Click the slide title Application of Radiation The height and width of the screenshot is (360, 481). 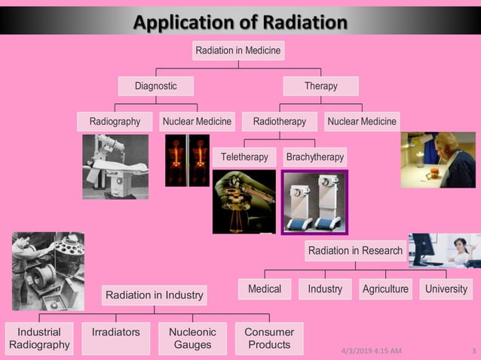pos(240,21)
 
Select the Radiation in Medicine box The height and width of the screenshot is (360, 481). pos(238,50)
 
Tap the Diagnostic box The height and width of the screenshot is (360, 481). pos(155,86)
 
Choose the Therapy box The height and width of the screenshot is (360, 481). pos(320,86)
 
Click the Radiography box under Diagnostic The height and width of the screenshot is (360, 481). pos(115,121)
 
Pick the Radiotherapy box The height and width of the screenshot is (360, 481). pos(279,121)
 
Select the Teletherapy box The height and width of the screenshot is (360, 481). pos(244,157)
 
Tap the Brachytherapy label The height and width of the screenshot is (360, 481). pos(315,157)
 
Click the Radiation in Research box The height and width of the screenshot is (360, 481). pos(355,251)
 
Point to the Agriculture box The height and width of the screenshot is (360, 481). pos(385,289)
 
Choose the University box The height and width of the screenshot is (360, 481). pos(446,289)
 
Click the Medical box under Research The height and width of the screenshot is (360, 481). pos(264,289)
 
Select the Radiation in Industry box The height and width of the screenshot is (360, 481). pos(154,295)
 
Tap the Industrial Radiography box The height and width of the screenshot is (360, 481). pos(39,338)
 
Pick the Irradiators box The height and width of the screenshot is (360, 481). pos(115,332)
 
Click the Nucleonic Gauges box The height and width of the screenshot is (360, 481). pos(192,338)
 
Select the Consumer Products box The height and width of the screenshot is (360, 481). pos(268,338)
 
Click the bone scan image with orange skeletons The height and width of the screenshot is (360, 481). pos(188,160)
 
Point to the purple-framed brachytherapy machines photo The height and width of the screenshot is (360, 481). pos(314,202)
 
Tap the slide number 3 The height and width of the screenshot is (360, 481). pos(473,351)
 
